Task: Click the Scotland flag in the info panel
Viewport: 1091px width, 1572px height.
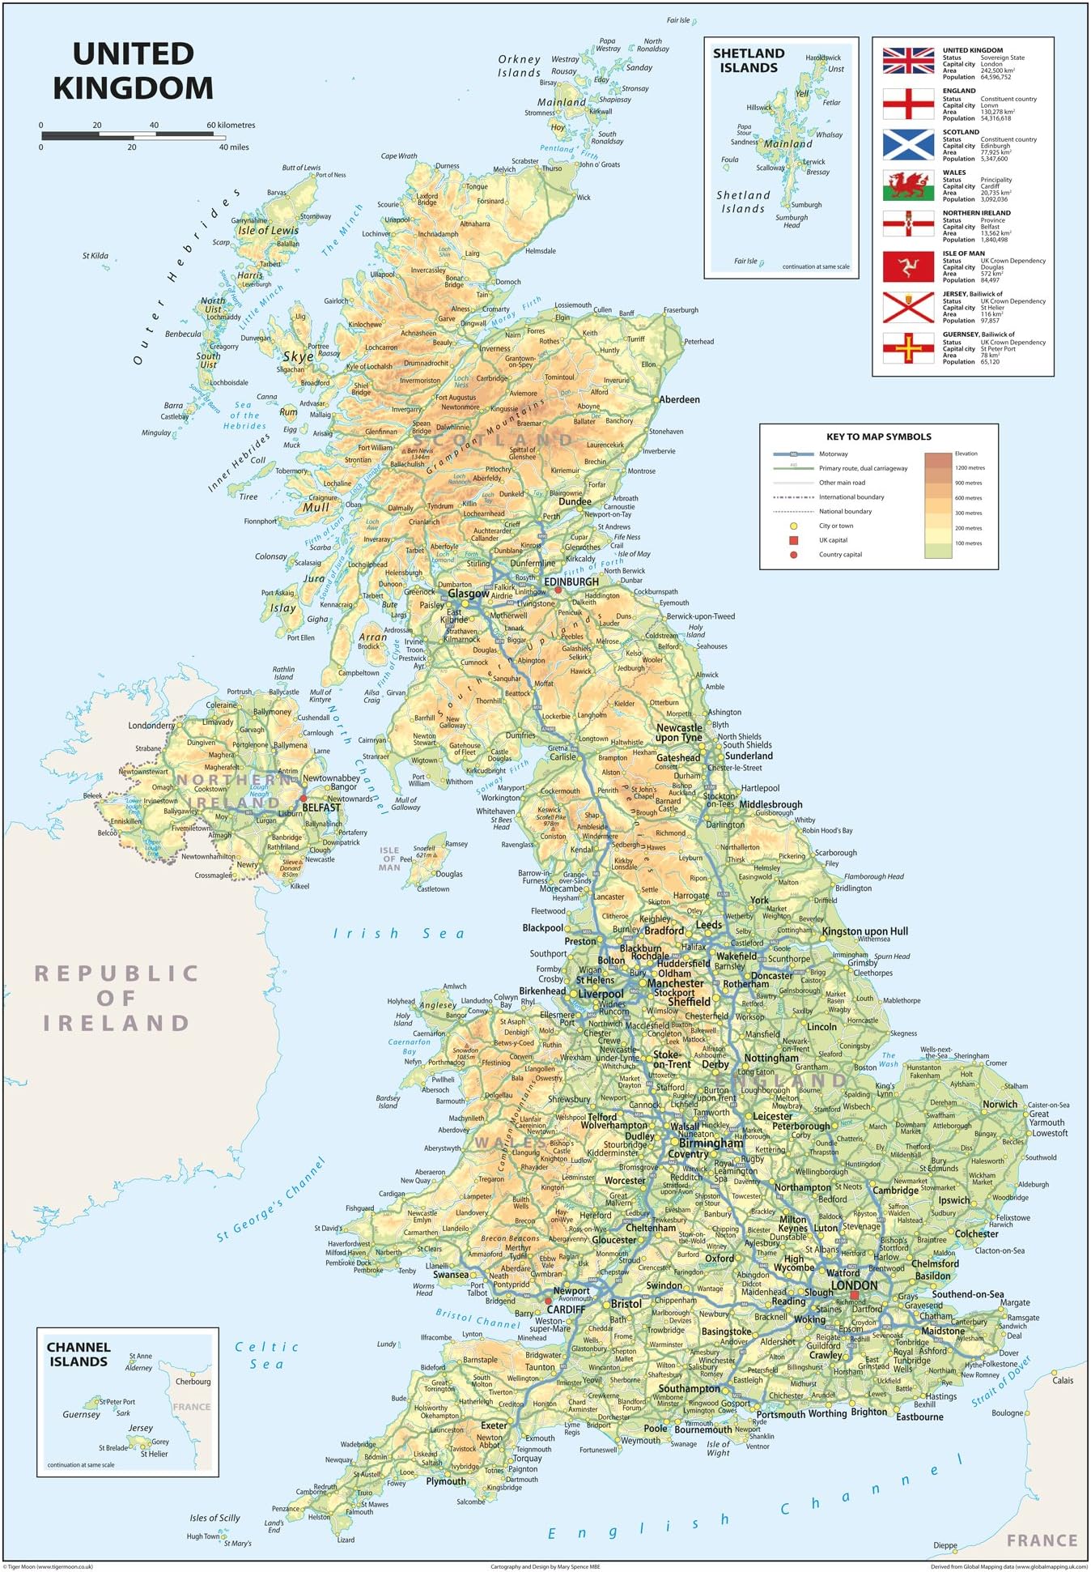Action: click(x=908, y=144)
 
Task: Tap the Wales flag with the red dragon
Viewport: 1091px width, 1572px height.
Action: click(x=908, y=185)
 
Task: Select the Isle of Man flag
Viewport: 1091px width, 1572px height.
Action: click(x=908, y=266)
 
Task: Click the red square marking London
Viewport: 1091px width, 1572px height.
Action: click(x=854, y=1295)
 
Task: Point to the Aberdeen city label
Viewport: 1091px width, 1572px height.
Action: click(x=679, y=399)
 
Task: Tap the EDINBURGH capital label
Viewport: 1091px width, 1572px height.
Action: click(x=571, y=582)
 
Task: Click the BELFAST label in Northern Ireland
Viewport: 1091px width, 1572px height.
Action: click(x=321, y=807)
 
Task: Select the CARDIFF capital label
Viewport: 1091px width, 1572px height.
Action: click(x=566, y=1309)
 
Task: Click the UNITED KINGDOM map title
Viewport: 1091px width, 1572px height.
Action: click(x=134, y=71)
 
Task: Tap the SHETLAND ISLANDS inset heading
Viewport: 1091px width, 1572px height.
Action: click(x=749, y=61)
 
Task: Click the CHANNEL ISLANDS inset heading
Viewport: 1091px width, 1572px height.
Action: click(x=79, y=1354)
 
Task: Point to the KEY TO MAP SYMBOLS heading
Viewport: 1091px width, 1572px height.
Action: click(x=878, y=437)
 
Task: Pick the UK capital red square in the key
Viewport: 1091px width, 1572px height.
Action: click(x=793, y=540)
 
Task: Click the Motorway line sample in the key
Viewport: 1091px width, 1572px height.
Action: click(x=793, y=454)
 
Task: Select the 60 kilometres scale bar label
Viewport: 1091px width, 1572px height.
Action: click(x=231, y=125)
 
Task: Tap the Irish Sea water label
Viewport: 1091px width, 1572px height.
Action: click(x=400, y=934)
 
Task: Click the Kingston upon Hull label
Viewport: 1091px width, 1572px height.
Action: click(x=864, y=931)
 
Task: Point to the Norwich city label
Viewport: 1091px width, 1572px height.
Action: click(x=1000, y=1104)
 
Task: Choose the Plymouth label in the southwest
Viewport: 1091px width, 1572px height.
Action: click(x=446, y=1481)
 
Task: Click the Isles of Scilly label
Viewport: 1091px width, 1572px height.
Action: click(x=214, y=1518)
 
